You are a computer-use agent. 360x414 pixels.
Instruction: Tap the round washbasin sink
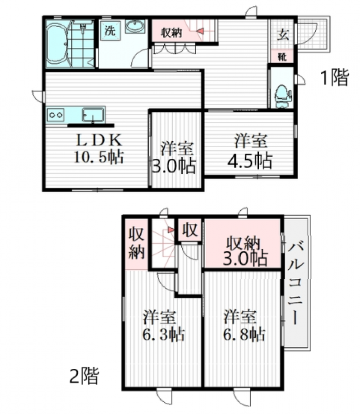point(135,28)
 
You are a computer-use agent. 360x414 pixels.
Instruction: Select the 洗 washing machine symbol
point(109,32)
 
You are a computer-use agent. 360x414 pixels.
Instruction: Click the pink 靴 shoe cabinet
point(283,56)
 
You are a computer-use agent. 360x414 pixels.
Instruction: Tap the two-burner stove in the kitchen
point(56,115)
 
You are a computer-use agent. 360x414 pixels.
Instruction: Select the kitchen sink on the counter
point(93,114)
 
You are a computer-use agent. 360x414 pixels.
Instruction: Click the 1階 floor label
point(334,78)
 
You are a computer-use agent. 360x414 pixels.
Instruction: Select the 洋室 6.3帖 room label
point(162,326)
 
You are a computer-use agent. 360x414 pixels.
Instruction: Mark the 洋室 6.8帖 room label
point(243,326)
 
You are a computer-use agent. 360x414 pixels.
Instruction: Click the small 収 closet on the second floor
point(190,230)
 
